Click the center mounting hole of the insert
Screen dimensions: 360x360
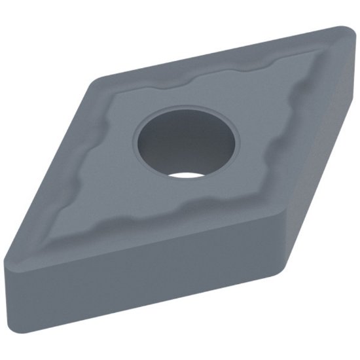pos(187,141)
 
